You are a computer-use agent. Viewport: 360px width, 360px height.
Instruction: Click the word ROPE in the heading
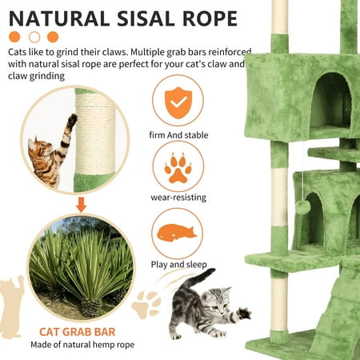tap(210, 18)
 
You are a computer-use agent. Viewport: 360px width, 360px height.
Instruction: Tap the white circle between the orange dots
tap(34, 37)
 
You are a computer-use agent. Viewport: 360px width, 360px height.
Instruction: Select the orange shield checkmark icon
tap(178, 102)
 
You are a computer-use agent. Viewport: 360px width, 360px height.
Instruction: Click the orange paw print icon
tap(178, 168)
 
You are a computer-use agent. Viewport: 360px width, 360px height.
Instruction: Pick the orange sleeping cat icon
tap(176, 232)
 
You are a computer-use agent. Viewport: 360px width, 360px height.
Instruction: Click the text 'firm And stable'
tap(178, 135)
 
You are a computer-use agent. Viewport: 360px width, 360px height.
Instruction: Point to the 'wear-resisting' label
tap(178, 198)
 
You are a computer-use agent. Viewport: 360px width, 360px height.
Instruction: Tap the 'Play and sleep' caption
tap(179, 265)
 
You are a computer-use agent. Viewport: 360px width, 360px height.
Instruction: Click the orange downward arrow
tap(81, 205)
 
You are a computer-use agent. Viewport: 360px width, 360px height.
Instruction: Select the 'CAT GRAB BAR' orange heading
tap(78, 332)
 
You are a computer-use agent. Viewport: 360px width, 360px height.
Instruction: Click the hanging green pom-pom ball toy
tap(302, 207)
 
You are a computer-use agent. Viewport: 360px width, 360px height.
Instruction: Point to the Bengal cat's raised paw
tap(72, 119)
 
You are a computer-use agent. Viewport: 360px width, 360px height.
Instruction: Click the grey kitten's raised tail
tap(198, 278)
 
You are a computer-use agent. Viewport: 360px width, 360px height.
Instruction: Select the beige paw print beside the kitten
tap(146, 304)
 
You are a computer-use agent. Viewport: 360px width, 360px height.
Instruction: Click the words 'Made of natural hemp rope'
tap(82, 345)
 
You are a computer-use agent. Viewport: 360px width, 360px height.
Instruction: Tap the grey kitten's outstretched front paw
tap(244, 313)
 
